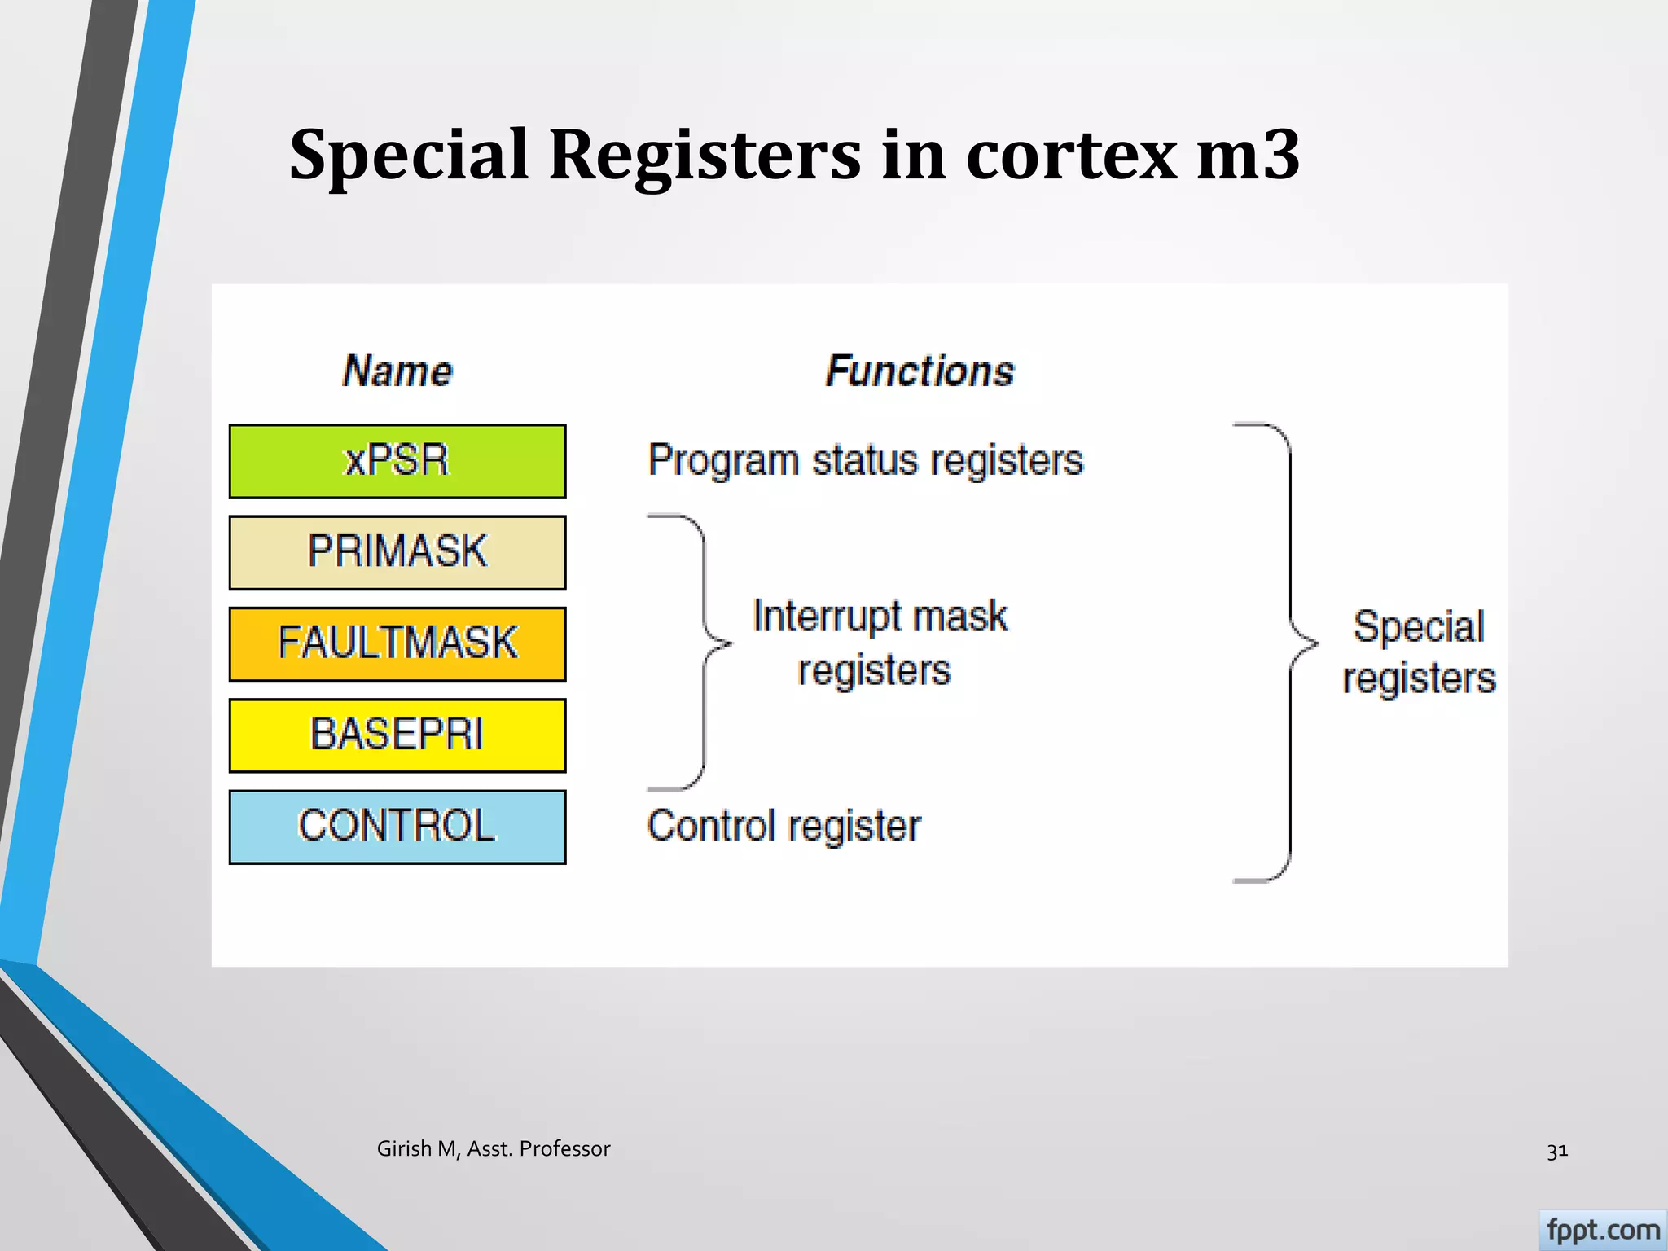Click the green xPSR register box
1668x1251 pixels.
(x=397, y=461)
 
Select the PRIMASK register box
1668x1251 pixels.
(x=397, y=552)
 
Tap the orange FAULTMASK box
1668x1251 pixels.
(x=397, y=643)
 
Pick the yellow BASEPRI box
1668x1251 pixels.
(x=397, y=735)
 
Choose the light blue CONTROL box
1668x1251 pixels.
(x=397, y=826)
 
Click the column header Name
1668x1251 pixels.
(x=397, y=371)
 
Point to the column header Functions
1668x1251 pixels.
(x=920, y=371)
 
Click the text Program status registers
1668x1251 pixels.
(x=865, y=460)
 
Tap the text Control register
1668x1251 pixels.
(x=784, y=826)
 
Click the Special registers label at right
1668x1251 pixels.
(x=1418, y=652)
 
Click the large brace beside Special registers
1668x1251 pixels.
(x=1291, y=652)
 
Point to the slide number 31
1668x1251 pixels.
(x=1556, y=1151)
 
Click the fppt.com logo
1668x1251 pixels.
(x=1602, y=1229)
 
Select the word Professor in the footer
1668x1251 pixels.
(x=564, y=1148)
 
